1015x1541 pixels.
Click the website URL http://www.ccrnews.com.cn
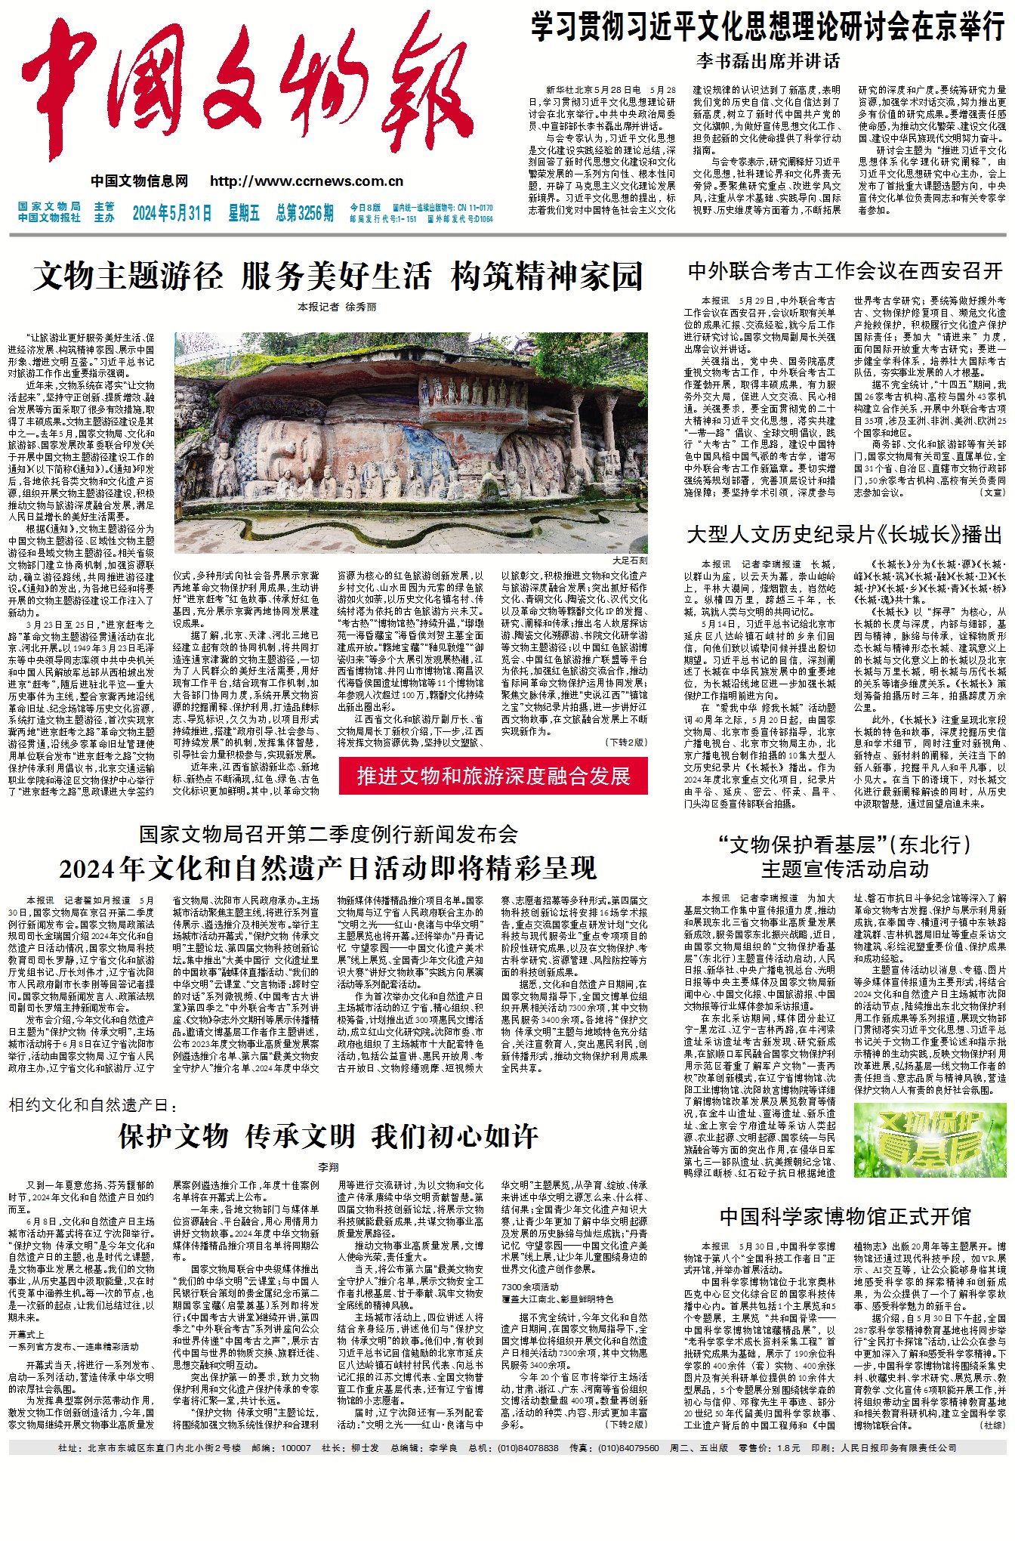click(307, 181)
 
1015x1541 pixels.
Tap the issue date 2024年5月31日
click(172, 213)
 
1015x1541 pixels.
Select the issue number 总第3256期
click(304, 213)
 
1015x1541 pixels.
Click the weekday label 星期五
click(244, 213)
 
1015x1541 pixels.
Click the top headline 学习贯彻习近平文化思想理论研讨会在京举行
click(767, 27)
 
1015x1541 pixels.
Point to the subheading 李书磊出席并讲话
click(767, 60)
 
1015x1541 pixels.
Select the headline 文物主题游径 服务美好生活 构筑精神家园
click(338, 276)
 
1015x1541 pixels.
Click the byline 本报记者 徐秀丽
click(337, 307)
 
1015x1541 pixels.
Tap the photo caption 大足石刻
click(629, 561)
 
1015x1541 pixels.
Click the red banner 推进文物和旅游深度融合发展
click(492, 777)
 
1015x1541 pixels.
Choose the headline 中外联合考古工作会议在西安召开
click(845, 270)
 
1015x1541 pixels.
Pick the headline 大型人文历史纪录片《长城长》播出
click(845, 535)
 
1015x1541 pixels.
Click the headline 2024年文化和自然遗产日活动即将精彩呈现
click(328, 869)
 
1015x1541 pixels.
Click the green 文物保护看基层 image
click(930, 1140)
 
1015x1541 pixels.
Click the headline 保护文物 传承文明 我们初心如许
click(328, 1136)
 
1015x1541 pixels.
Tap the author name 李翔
click(328, 1167)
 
